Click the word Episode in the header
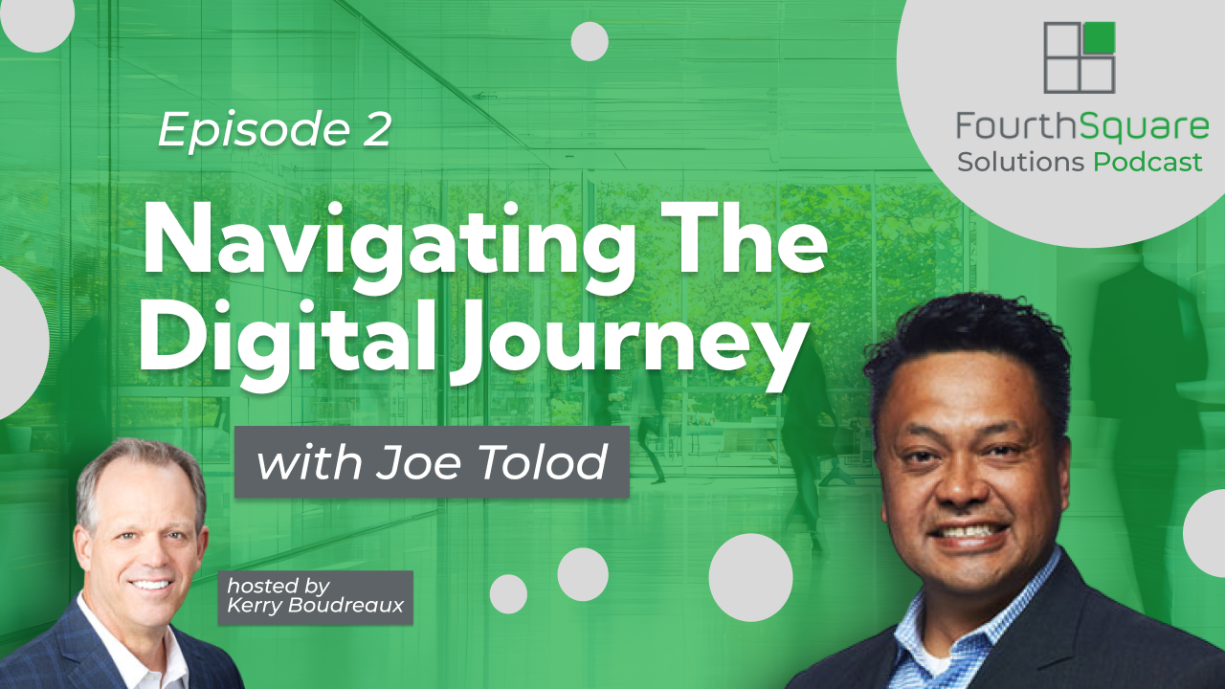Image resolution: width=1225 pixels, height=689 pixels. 255,130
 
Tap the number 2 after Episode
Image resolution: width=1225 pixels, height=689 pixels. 377,128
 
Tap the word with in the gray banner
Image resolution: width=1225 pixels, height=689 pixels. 309,462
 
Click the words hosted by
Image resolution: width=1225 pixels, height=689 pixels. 278,587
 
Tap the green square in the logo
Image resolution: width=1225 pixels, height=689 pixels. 1100,37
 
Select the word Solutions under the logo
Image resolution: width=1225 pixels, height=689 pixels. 1020,163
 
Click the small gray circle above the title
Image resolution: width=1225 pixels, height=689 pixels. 590,41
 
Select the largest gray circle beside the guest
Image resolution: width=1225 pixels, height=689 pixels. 750,577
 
